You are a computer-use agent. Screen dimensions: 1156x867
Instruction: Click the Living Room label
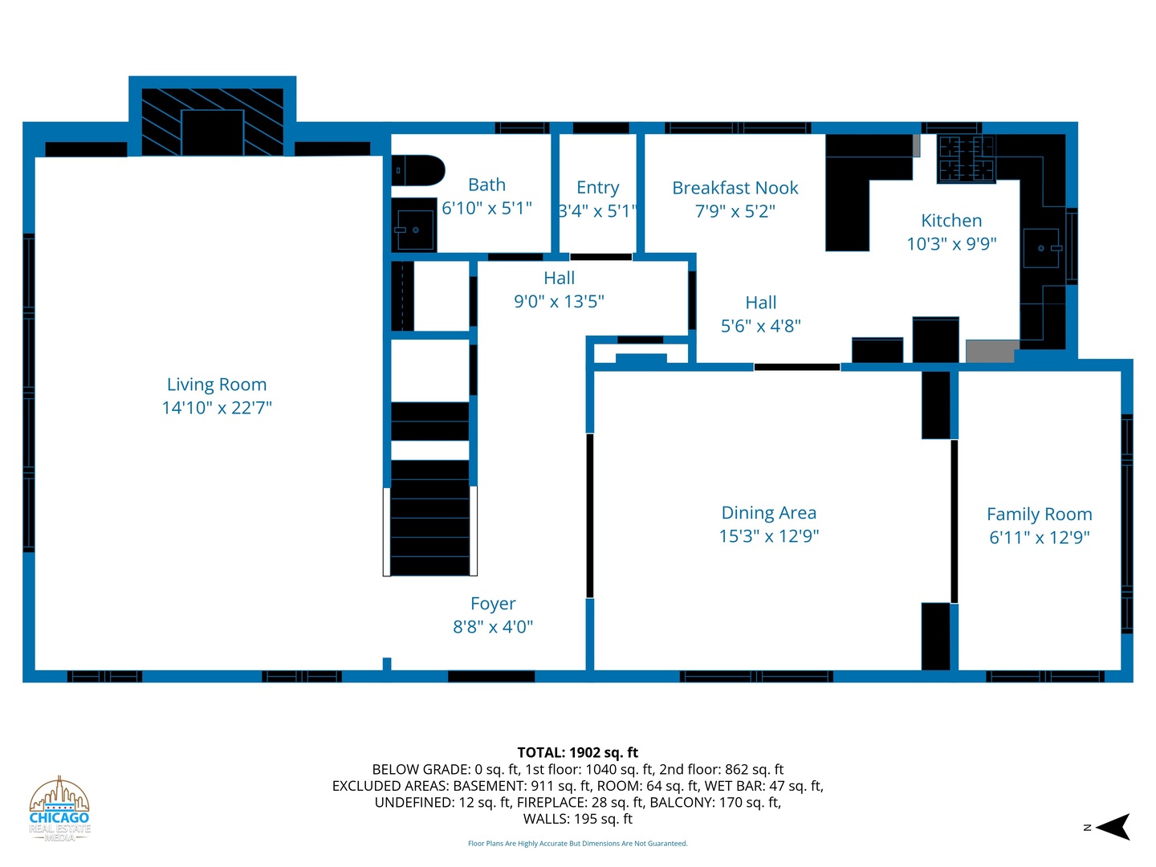click(x=217, y=385)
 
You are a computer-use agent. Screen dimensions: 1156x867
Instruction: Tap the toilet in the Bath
click(x=417, y=170)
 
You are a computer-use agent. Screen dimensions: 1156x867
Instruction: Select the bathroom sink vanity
click(x=414, y=226)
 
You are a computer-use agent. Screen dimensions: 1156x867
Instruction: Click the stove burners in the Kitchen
click(x=966, y=158)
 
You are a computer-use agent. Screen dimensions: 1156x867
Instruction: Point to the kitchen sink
click(x=1042, y=248)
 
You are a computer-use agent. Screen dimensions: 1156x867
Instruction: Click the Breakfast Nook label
click(x=735, y=188)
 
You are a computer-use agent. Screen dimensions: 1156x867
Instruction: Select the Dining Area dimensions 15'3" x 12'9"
click(x=769, y=536)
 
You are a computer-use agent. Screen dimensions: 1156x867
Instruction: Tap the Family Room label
click(x=1039, y=514)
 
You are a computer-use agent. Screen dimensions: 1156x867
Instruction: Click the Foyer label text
click(x=493, y=603)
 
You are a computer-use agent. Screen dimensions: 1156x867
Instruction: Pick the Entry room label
click(x=598, y=187)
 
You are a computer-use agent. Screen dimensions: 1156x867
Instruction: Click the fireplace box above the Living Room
click(x=212, y=122)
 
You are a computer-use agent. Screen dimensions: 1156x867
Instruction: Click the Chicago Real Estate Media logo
click(x=59, y=809)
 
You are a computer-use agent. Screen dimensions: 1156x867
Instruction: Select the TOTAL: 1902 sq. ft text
click(x=577, y=752)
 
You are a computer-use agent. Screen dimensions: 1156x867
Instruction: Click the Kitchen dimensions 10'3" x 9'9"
click(x=951, y=244)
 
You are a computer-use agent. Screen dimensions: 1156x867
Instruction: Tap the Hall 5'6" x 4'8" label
click(x=760, y=314)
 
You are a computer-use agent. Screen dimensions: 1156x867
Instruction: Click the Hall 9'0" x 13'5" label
click(x=559, y=290)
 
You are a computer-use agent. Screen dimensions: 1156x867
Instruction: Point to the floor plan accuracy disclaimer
click(x=578, y=843)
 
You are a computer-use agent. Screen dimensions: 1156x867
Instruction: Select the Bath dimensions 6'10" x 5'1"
click(x=486, y=209)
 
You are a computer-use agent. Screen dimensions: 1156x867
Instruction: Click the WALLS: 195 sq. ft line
click(x=578, y=819)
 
